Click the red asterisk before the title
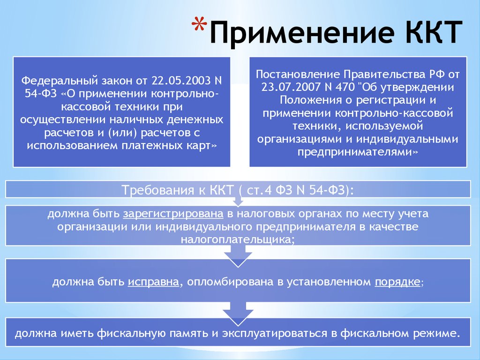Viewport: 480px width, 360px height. click(x=199, y=24)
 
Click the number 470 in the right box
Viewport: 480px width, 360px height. click(x=345, y=87)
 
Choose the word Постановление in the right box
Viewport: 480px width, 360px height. click(x=298, y=75)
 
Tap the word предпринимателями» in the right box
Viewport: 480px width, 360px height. click(x=358, y=152)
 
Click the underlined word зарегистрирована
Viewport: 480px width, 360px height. click(x=173, y=213)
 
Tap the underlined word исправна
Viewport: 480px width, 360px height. click(x=153, y=281)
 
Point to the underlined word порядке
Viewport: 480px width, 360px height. click(x=397, y=281)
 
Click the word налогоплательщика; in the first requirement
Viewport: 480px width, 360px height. click(x=238, y=239)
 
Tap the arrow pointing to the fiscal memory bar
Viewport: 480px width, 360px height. click(x=238, y=314)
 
